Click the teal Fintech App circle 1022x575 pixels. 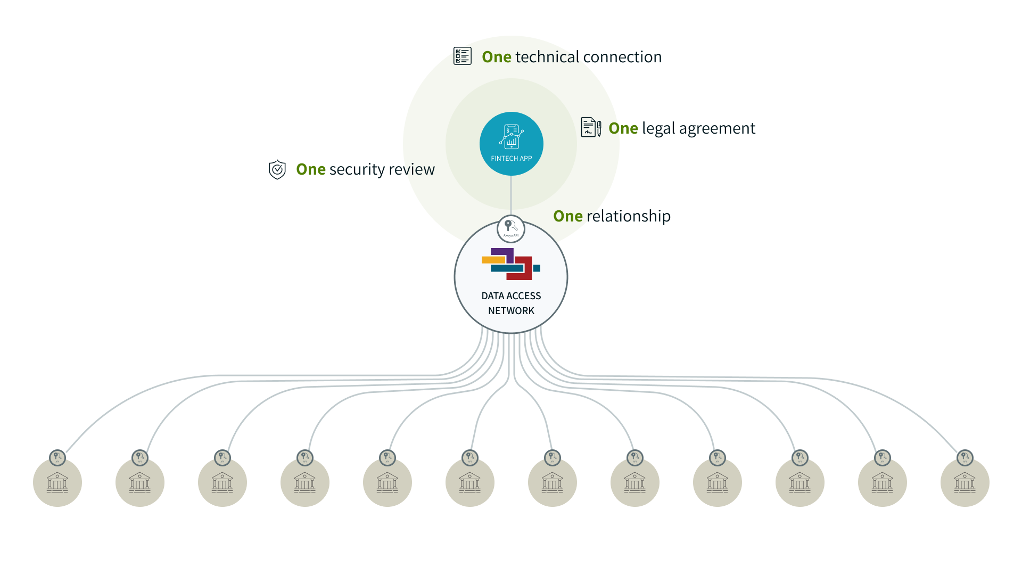pyautogui.click(x=511, y=143)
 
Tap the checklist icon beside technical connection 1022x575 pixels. pyautogui.click(x=462, y=56)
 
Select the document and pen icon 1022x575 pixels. pyautogui.click(x=591, y=127)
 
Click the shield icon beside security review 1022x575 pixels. pyautogui.click(x=277, y=169)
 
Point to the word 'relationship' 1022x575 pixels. pyautogui.click(x=628, y=216)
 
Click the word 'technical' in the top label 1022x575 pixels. pyautogui.click(x=547, y=57)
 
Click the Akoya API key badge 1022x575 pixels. pyautogui.click(x=510, y=228)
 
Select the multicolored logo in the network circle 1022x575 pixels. pyautogui.click(x=510, y=264)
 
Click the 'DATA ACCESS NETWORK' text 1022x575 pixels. pyautogui.click(x=511, y=303)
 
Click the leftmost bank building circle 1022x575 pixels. pyautogui.click(x=57, y=482)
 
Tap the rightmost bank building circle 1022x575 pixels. pyautogui.click(x=965, y=482)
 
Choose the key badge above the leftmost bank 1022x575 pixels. pyautogui.click(x=57, y=457)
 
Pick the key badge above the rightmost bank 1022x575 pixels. pyautogui.click(x=965, y=457)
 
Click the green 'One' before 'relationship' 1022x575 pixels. pyautogui.click(x=567, y=216)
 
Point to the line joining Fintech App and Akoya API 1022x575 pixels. pyautogui.click(x=511, y=195)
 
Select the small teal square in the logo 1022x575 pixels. pyautogui.click(x=537, y=268)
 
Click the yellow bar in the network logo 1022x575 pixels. pyautogui.click(x=493, y=260)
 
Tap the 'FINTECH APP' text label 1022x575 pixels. pyautogui.click(x=511, y=158)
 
